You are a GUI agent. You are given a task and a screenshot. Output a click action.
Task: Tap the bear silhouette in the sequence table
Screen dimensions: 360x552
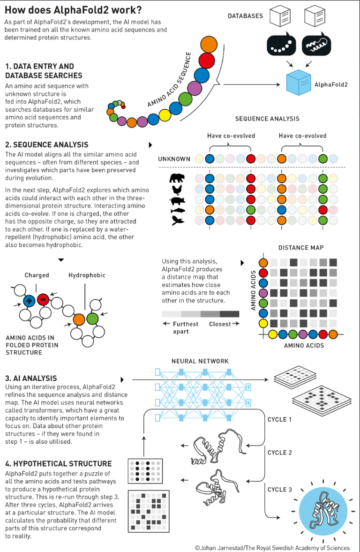point(177,179)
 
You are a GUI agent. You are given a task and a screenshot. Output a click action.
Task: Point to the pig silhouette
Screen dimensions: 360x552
point(177,201)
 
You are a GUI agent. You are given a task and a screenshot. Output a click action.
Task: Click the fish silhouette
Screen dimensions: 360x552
point(177,211)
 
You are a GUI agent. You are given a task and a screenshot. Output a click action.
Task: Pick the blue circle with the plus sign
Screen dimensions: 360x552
point(29,300)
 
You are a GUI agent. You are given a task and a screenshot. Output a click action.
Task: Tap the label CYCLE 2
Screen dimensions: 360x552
point(280,453)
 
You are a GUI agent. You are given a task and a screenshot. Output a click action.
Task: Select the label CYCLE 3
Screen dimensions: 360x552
point(280,490)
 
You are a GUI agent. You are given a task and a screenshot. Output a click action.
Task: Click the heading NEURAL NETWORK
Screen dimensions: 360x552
point(200,361)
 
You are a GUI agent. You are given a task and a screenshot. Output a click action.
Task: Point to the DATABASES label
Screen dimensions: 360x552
point(245,16)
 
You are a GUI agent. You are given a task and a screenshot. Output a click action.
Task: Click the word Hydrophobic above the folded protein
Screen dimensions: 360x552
point(87,275)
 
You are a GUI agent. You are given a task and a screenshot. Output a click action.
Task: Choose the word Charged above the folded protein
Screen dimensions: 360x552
point(37,275)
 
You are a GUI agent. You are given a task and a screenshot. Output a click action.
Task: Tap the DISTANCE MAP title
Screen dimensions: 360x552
point(301,248)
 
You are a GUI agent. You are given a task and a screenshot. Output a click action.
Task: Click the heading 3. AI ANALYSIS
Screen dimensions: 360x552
point(31,378)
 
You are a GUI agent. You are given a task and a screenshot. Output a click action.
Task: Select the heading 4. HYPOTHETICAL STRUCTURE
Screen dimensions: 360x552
point(59,464)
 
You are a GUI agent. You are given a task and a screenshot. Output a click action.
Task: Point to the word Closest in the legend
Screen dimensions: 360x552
point(220,324)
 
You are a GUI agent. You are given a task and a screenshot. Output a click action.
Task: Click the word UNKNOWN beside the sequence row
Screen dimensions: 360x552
point(174,159)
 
